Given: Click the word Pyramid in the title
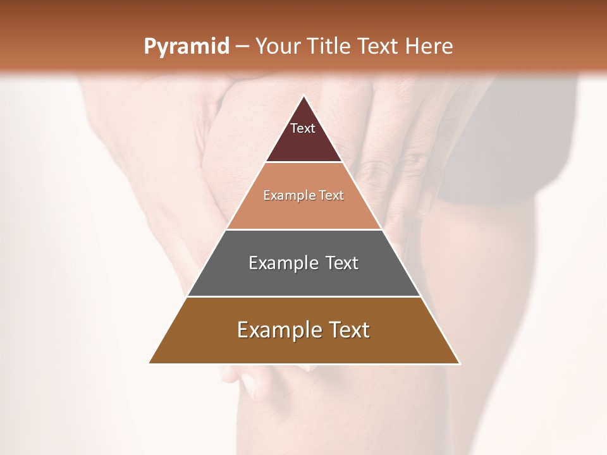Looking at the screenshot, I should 186,47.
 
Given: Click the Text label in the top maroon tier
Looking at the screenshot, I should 303,129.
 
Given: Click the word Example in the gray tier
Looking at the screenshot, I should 283,263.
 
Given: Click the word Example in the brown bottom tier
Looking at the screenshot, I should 277,330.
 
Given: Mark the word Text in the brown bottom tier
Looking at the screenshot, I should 346,330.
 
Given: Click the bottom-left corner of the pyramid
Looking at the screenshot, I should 149,363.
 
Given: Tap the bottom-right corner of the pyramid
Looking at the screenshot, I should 459,363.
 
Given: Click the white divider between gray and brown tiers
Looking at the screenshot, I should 304,296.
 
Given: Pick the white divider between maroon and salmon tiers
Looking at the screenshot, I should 304,162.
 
